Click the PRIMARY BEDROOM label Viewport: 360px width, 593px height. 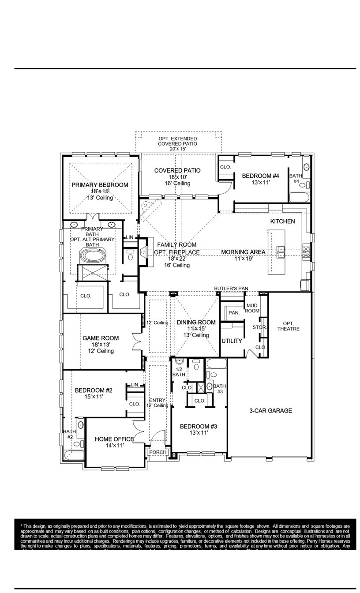100,185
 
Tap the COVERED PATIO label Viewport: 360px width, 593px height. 177,170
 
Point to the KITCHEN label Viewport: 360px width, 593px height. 282,221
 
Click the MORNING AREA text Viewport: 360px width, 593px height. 243,252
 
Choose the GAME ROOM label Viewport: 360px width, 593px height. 101,338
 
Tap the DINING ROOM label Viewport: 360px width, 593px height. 196,323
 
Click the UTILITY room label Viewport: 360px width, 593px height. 232,341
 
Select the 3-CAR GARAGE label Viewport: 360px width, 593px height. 270,410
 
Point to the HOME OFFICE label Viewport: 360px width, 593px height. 114,439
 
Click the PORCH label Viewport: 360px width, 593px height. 157,452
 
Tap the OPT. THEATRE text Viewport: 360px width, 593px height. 289,326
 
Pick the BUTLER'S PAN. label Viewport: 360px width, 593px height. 232,288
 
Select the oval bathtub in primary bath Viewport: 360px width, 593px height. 92,256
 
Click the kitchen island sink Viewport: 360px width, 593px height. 280,252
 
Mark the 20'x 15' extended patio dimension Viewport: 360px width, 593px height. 177,149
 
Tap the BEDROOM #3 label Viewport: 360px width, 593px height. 198,426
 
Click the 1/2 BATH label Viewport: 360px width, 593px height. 179,372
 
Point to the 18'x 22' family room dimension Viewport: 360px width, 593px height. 177,259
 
